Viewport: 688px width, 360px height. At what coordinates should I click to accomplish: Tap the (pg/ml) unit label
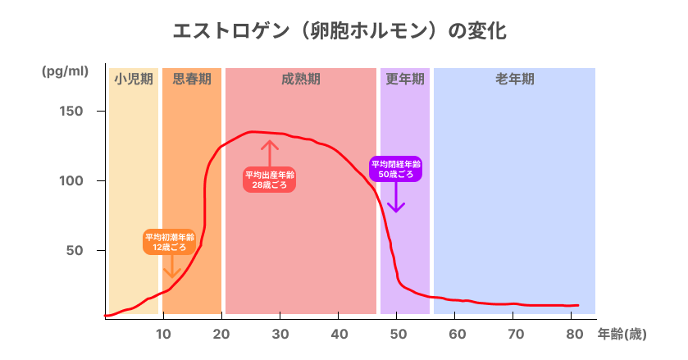pos(65,71)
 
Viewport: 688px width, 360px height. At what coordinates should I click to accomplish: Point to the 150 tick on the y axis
pos(70,111)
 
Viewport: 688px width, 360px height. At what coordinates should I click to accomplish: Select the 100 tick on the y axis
pos(70,180)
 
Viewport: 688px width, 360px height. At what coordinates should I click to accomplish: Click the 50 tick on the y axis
pos(73,250)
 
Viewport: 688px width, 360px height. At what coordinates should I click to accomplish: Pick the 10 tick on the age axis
pos(163,334)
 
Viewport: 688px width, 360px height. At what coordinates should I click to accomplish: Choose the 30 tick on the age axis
pos(280,334)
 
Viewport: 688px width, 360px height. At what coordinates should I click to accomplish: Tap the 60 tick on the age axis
pos(458,334)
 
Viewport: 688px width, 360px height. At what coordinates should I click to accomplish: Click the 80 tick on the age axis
pos(574,334)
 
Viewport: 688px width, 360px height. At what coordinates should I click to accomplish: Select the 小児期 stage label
pos(134,80)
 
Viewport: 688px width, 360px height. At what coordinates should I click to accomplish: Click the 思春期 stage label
pos(192,80)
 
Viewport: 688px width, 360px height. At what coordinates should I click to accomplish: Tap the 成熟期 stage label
pos(301,80)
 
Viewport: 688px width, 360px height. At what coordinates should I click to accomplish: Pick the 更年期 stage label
pos(405,80)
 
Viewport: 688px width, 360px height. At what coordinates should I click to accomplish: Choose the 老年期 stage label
pos(514,80)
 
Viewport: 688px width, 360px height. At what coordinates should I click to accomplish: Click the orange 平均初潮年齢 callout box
pos(170,240)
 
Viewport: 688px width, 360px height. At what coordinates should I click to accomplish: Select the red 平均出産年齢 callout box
pos(269,180)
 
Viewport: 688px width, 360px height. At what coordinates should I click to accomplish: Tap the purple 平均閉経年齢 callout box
pos(396,169)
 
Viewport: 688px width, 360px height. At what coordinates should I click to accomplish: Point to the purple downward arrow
pos(396,198)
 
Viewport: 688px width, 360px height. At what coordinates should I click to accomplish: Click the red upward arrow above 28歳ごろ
pos(270,153)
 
